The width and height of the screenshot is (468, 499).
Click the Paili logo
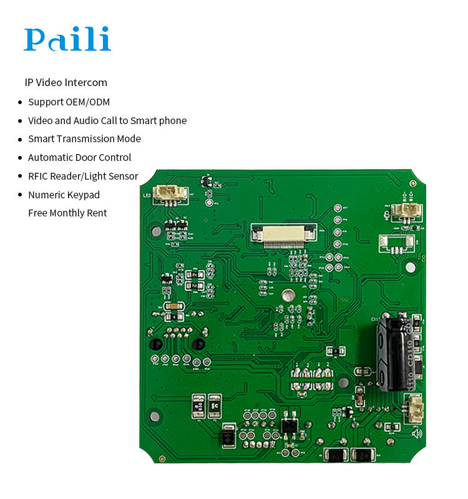(x=67, y=39)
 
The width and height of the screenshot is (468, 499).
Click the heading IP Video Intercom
(x=66, y=82)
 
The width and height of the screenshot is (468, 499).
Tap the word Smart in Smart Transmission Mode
(x=41, y=138)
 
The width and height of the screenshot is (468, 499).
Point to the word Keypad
(x=84, y=195)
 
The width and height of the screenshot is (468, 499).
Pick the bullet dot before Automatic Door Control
(x=19, y=158)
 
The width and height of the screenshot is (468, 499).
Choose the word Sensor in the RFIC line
(x=124, y=176)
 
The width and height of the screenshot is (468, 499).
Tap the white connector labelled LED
(x=170, y=193)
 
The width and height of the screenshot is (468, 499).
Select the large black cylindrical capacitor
(x=395, y=353)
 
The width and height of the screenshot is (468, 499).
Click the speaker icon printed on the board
(x=416, y=433)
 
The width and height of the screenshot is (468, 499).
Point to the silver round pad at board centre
(x=288, y=296)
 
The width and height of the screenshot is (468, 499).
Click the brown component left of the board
(x=172, y=306)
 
